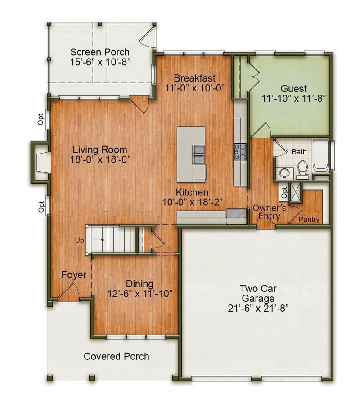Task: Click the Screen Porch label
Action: click(100, 52)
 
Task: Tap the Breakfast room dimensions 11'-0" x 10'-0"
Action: click(195, 88)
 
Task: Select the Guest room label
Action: click(293, 89)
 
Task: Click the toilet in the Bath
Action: click(302, 169)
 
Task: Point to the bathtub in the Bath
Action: click(321, 155)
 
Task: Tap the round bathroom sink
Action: click(284, 172)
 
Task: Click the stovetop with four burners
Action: click(240, 152)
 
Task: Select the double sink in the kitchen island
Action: click(199, 154)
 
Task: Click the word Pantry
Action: click(309, 219)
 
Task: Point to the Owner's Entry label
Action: click(270, 212)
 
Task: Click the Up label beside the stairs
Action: click(79, 241)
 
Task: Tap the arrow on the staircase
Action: click(99, 240)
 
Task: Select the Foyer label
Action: click(74, 275)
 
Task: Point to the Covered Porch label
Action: click(117, 356)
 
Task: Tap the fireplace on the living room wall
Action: click(40, 162)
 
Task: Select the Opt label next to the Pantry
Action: click(284, 192)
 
